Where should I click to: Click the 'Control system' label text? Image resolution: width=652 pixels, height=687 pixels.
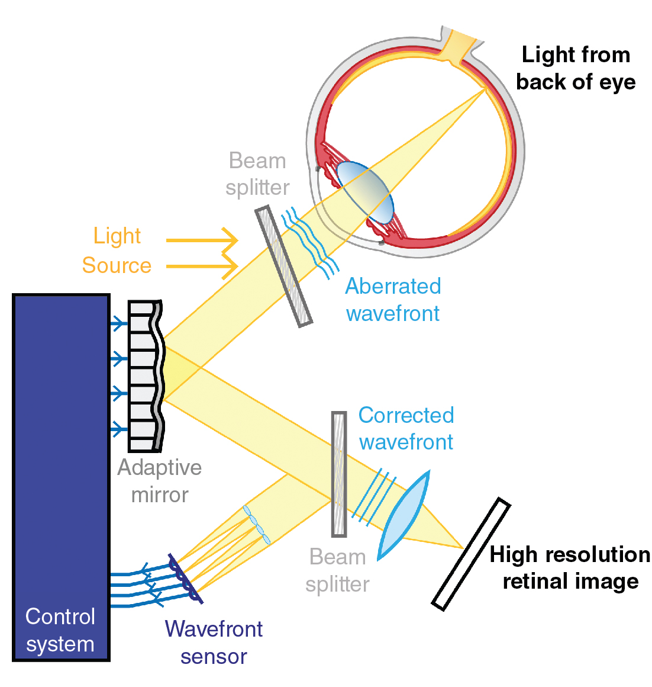tap(60, 630)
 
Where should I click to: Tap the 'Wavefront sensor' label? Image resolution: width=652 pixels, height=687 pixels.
tap(214, 643)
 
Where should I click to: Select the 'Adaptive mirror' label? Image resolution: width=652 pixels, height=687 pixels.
tap(160, 480)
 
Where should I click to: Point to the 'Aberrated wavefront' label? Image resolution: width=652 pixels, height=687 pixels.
tap(393, 300)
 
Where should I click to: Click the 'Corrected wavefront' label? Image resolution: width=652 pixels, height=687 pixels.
tap(406, 428)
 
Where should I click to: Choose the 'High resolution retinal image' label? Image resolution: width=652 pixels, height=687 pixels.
tap(570, 567)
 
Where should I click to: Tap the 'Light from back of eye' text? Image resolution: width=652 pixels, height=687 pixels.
tap(576, 68)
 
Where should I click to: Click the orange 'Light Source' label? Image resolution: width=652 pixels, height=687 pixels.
tap(117, 251)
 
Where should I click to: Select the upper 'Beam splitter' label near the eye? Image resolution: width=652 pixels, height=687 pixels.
tap(257, 174)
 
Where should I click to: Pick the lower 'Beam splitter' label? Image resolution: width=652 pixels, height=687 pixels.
tap(338, 570)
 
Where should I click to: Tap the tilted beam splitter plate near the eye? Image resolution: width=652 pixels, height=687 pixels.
tap(284, 266)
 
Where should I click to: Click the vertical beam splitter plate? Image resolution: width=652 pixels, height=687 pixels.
tap(339, 474)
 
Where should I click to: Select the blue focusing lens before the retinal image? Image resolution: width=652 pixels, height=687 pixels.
tap(404, 515)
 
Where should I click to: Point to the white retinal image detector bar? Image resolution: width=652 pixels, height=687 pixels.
tap(471, 554)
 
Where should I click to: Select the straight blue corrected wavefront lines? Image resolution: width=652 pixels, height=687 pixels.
tap(374, 493)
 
